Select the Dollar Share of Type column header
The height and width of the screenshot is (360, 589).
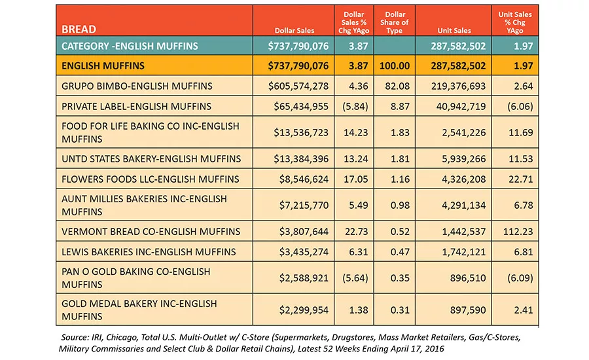click(394, 22)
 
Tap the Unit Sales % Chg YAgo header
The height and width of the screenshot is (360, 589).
click(514, 22)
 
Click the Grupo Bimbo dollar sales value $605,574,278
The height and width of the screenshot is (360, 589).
click(298, 86)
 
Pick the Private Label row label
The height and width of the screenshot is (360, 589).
click(136, 106)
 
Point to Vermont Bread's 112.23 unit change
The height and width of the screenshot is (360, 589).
click(518, 232)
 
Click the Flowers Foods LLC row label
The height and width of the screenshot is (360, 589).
click(151, 179)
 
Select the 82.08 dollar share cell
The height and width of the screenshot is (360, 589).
click(397, 86)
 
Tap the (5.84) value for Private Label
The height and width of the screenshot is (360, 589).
click(355, 106)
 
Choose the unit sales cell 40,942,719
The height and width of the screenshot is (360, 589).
click(461, 106)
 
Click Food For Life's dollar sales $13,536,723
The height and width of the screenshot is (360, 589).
click(301, 133)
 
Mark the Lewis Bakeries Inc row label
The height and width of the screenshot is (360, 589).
click(149, 252)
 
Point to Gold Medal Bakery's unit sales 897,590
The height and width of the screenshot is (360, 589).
click(468, 310)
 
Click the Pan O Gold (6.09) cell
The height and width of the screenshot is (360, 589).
click(520, 278)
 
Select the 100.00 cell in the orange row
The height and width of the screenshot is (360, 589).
click(395, 65)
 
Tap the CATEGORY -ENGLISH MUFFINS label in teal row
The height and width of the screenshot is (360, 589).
click(130, 46)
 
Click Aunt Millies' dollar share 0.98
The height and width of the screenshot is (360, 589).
click(400, 205)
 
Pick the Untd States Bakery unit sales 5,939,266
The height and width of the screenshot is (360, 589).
click(463, 159)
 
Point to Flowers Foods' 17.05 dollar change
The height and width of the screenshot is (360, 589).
click(356, 179)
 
